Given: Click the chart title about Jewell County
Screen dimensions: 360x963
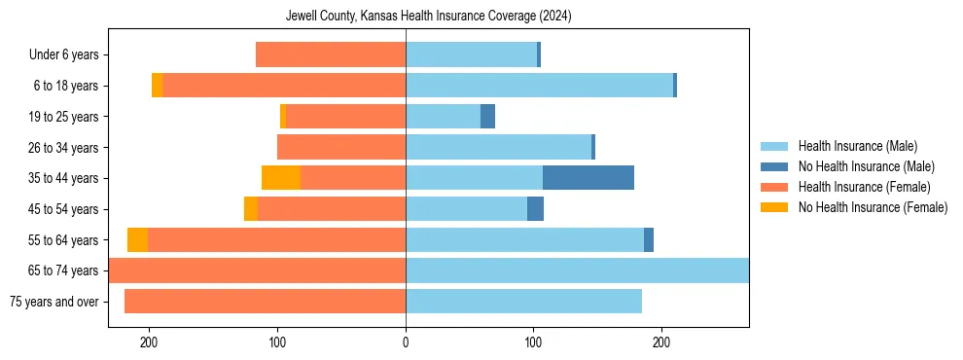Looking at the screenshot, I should [x=429, y=17].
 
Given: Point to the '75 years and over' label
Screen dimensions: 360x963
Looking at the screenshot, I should [x=54, y=302].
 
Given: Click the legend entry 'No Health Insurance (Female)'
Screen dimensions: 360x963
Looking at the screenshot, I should [x=873, y=207].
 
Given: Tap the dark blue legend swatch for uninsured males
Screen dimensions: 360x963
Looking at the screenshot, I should [x=774, y=166].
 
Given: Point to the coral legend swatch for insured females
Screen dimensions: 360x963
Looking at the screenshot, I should [x=774, y=187].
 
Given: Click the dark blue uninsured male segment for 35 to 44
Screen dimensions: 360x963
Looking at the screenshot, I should [x=588, y=178].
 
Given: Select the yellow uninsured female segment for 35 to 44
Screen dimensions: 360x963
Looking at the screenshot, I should [x=281, y=178].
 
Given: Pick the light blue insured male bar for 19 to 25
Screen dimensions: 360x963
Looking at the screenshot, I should [x=443, y=117].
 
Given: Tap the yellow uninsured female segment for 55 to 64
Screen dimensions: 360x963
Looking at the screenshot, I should [x=137, y=239].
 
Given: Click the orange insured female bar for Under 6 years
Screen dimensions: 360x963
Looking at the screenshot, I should [x=331, y=55].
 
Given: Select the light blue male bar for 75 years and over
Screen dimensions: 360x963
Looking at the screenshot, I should [x=523, y=302].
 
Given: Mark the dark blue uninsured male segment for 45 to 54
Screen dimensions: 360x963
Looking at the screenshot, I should [x=535, y=209].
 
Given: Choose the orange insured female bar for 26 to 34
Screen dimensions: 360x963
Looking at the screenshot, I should [x=341, y=148].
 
